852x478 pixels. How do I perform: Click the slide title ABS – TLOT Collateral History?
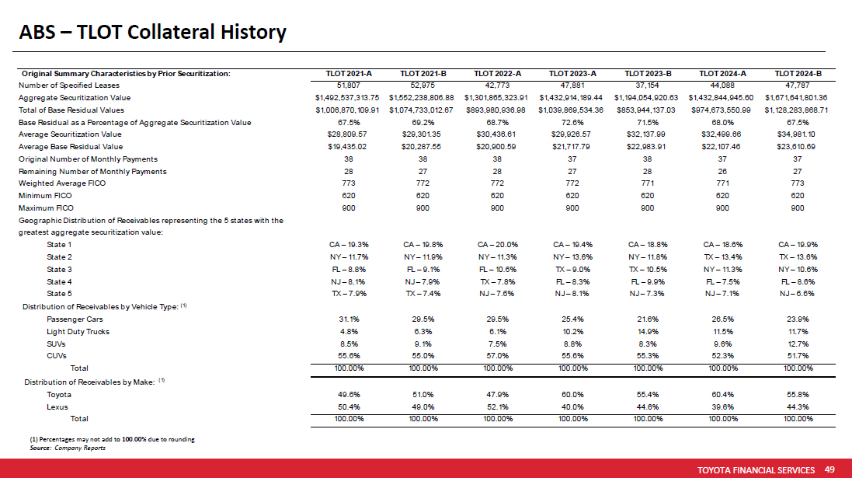click(x=153, y=33)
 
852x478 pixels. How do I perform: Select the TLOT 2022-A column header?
click(x=498, y=74)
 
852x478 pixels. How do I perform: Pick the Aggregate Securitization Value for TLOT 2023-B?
click(x=647, y=98)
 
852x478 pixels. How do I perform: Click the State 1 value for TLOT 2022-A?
click(x=498, y=245)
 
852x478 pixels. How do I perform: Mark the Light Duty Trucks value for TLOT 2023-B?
click(x=647, y=331)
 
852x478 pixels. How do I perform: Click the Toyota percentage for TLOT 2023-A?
click(x=572, y=394)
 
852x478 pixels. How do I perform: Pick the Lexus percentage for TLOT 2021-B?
click(x=423, y=406)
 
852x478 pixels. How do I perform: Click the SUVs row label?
click(x=57, y=344)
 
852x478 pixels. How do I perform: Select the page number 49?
click(x=829, y=470)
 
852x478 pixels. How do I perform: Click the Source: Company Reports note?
click(x=68, y=448)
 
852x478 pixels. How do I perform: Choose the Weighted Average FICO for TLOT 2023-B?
click(x=647, y=183)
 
